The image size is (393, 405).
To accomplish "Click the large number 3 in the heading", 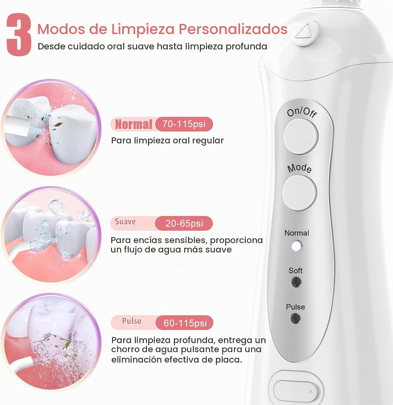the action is [19, 35].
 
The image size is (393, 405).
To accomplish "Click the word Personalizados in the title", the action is [233, 29].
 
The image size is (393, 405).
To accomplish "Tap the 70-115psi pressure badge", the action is [184, 124].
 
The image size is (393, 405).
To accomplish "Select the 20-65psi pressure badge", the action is [184, 223].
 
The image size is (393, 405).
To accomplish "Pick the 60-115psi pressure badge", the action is [185, 323].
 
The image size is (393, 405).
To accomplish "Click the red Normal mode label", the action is [133, 124].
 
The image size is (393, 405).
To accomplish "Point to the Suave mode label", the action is [125, 222].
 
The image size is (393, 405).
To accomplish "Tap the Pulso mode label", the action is [132, 321].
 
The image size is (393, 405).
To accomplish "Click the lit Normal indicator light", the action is [296, 246].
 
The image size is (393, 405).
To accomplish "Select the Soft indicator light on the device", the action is [296, 282].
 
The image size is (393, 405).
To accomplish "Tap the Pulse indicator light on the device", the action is [295, 319].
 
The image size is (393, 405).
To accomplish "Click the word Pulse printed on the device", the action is [295, 307].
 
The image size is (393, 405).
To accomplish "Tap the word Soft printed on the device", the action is [295, 271].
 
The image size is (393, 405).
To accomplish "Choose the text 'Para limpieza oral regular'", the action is [167, 140].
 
